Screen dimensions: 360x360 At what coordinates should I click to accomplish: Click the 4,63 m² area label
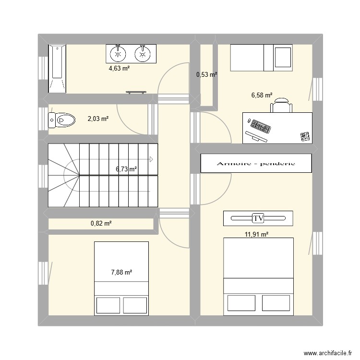[x=120, y=69]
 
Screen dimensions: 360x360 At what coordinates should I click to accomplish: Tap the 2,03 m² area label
[x=98, y=118]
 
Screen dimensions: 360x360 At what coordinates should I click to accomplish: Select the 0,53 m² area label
[x=207, y=74]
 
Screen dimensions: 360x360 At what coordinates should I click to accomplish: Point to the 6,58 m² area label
[x=262, y=96]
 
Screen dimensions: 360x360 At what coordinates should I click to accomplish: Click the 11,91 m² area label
[x=257, y=234]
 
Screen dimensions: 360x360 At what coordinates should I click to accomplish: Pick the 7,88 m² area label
[x=121, y=273]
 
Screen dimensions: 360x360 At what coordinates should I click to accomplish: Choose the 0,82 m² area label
[x=101, y=223]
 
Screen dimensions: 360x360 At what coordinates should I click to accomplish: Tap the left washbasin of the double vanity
[x=118, y=53]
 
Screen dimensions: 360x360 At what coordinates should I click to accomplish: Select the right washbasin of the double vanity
[x=142, y=53]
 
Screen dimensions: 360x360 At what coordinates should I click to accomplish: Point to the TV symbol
[x=258, y=218]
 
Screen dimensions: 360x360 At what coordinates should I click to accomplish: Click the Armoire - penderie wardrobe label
[x=256, y=164]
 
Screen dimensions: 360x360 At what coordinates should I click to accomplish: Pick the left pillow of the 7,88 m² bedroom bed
[x=108, y=305]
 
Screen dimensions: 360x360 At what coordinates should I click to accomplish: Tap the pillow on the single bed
[x=283, y=58]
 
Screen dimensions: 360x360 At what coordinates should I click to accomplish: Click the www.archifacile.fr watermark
[x=324, y=352]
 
